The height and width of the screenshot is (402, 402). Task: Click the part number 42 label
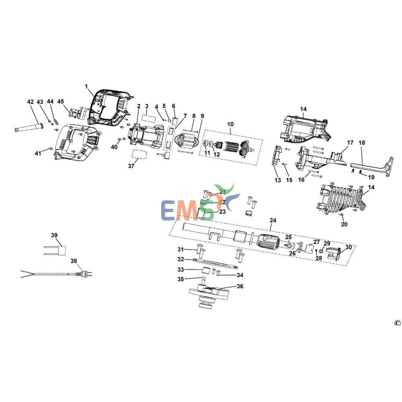pyautogui.click(x=30, y=102)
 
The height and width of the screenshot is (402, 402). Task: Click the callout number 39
pyautogui.click(x=54, y=235)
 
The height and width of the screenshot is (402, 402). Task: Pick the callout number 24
pyautogui.click(x=273, y=221)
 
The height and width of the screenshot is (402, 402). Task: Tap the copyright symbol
pyautogui.click(x=397, y=323)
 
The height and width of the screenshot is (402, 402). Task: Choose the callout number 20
pyautogui.click(x=344, y=224)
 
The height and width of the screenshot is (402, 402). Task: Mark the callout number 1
pyautogui.click(x=86, y=86)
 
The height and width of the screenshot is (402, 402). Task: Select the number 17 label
pyautogui.click(x=350, y=143)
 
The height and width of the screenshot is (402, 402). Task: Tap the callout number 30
pyautogui.click(x=348, y=247)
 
